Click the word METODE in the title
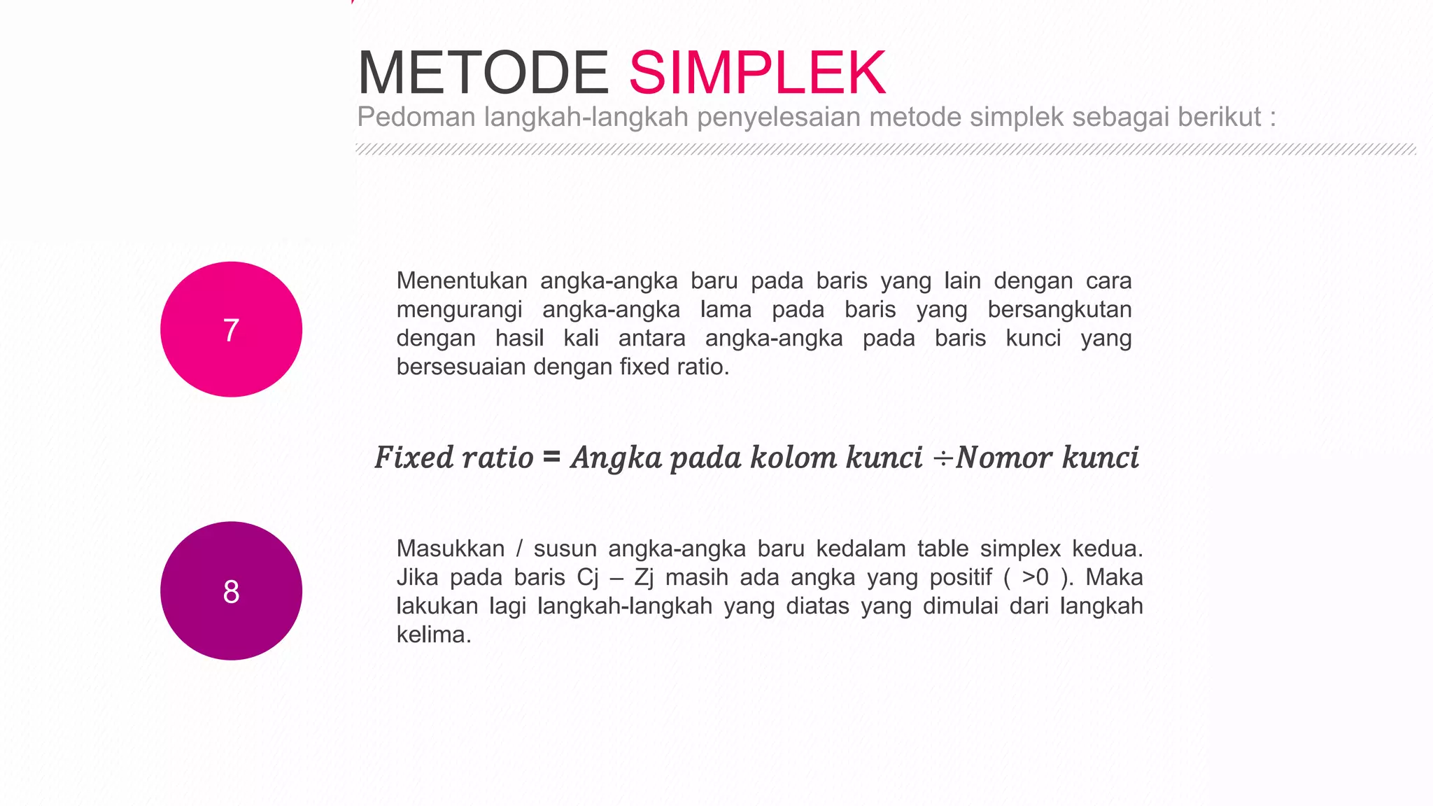point(483,73)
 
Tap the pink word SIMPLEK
point(758,73)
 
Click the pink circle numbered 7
point(231,330)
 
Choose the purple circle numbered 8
point(231,591)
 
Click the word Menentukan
point(462,281)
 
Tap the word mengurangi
point(459,310)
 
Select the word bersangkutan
point(1059,309)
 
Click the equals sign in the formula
point(551,457)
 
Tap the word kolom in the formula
point(793,458)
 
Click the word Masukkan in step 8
point(451,549)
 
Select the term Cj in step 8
point(588,578)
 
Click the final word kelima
point(434,635)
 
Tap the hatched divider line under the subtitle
point(885,149)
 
